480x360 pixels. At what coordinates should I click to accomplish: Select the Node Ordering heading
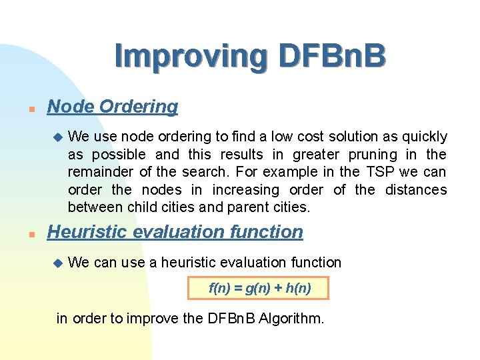(x=113, y=107)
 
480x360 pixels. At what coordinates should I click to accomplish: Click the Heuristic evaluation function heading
(x=175, y=232)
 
